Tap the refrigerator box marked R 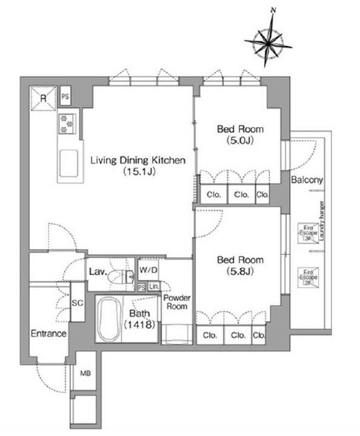pos(43,100)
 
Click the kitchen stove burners pos(66,124)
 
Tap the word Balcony pos(307,180)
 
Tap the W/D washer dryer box pos(148,270)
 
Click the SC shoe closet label pos(77,303)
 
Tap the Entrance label pos(49,334)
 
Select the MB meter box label pos(84,374)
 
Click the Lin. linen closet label pos(153,286)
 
